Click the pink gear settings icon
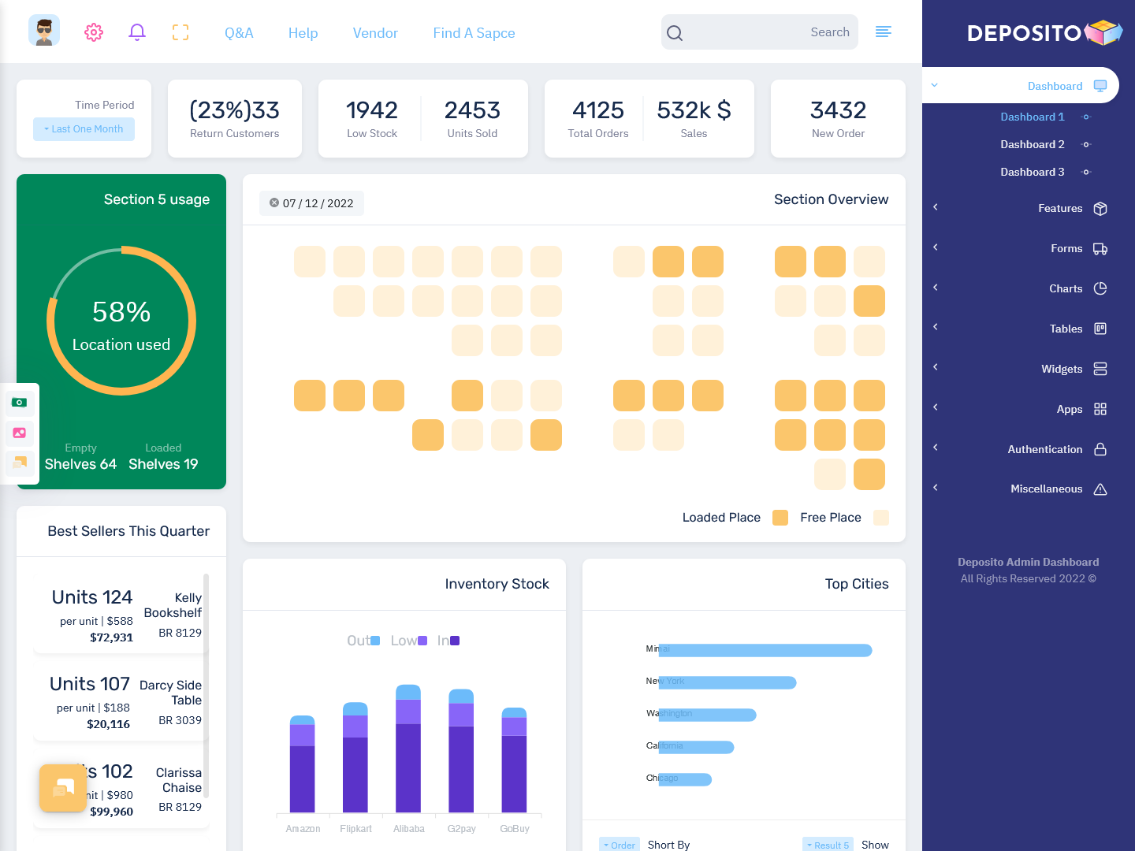coord(94,32)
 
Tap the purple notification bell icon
coord(137,32)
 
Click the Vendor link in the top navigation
coord(375,33)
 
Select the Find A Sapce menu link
coord(474,33)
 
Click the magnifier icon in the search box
coord(675,33)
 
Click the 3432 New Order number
coord(838,110)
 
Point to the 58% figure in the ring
coord(121,312)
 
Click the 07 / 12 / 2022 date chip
coord(311,203)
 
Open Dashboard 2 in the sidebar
coord(1032,144)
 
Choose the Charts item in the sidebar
coord(1065,288)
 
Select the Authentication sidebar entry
coord(1044,449)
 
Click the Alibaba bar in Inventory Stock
coord(408,749)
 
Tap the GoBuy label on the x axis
coord(515,829)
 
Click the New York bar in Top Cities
coord(727,682)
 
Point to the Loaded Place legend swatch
coord(780,518)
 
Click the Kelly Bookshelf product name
coord(173,605)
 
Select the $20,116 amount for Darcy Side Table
coord(109,724)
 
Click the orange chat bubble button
coord(63,788)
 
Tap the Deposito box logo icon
coord(1103,32)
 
